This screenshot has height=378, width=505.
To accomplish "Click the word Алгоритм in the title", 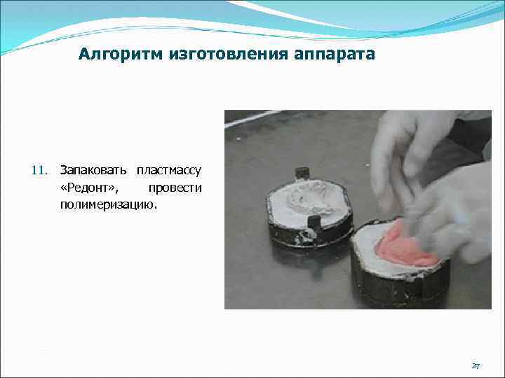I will coord(120,54).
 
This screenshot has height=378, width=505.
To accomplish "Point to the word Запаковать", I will coord(94,170).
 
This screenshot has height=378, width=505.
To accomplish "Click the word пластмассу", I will coord(169,170).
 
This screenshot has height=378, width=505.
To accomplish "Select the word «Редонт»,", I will coord(90,188).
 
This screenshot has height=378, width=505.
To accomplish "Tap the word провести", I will coord(175,188).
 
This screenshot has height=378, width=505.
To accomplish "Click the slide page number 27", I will coord(476,366).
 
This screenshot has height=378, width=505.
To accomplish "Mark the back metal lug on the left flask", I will coord(302,173).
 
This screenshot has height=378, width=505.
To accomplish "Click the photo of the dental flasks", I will coord(358,209).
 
